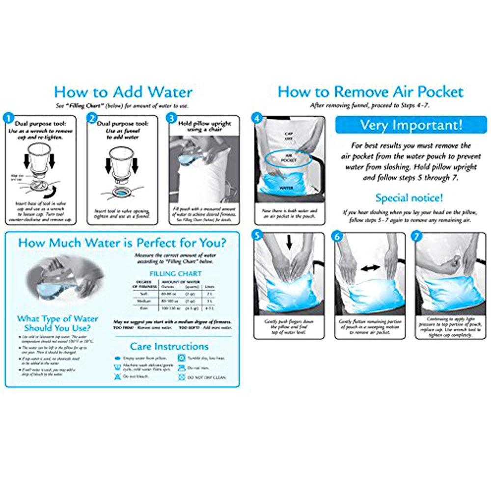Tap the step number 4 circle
click(x=256, y=118)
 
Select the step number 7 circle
click(x=418, y=235)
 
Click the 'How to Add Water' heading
click(x=123, y=92)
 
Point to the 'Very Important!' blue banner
click(x=411, y=125)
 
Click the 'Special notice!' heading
click(x=409, y=198)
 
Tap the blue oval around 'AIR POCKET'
click(x=288, y=160)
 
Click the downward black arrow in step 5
click(x=289, y=242)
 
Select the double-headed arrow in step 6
click(x=370, y=268)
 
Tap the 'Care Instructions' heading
click(x=169, y=347)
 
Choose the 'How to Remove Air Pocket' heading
click(x=370, y=92)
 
